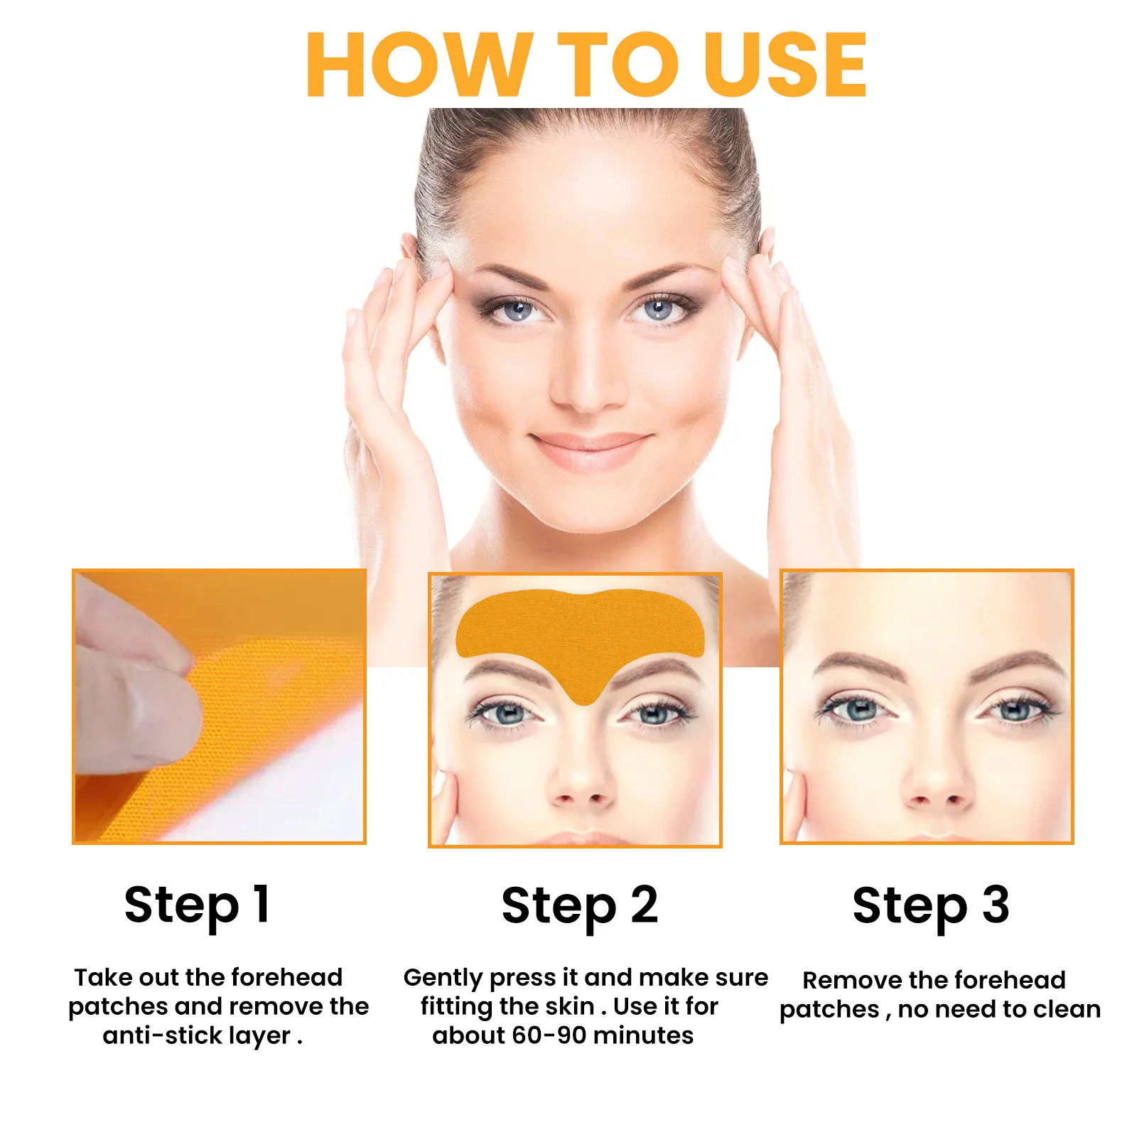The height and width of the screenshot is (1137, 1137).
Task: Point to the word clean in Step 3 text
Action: point(1067,1009)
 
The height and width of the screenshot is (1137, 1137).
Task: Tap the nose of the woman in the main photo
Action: point(584,387)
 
